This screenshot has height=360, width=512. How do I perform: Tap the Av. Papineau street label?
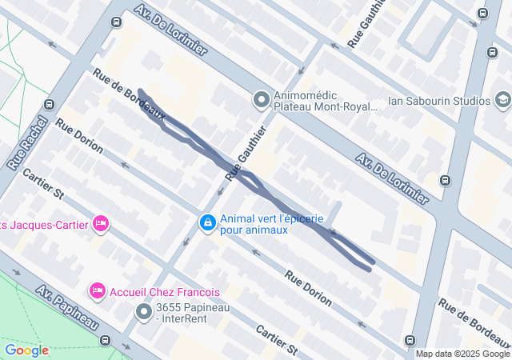click(66, 310)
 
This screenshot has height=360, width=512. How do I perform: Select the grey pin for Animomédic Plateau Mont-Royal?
click(261, 100)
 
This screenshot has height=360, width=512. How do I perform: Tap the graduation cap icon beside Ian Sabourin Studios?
click(502, 100)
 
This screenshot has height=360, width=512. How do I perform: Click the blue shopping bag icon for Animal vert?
click(206, 222)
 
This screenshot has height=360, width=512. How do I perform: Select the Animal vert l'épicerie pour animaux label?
click(271, 224)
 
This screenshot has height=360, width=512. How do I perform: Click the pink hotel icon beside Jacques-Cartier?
click(100, 223)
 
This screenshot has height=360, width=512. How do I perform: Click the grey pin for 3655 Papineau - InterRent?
click(144, 311)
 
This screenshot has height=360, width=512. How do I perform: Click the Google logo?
click(26, 350)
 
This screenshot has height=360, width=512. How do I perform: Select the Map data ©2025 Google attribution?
click(462, 354)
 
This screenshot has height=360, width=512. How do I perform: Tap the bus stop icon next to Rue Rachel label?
click(50, 104)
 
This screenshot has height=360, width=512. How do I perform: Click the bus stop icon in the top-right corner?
click(482, 14)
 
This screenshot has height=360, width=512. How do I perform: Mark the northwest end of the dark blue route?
click(140, 90)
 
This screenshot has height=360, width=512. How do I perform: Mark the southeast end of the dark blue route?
click(372, 265)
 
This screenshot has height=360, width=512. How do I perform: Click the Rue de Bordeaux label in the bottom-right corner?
click(474, 318)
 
